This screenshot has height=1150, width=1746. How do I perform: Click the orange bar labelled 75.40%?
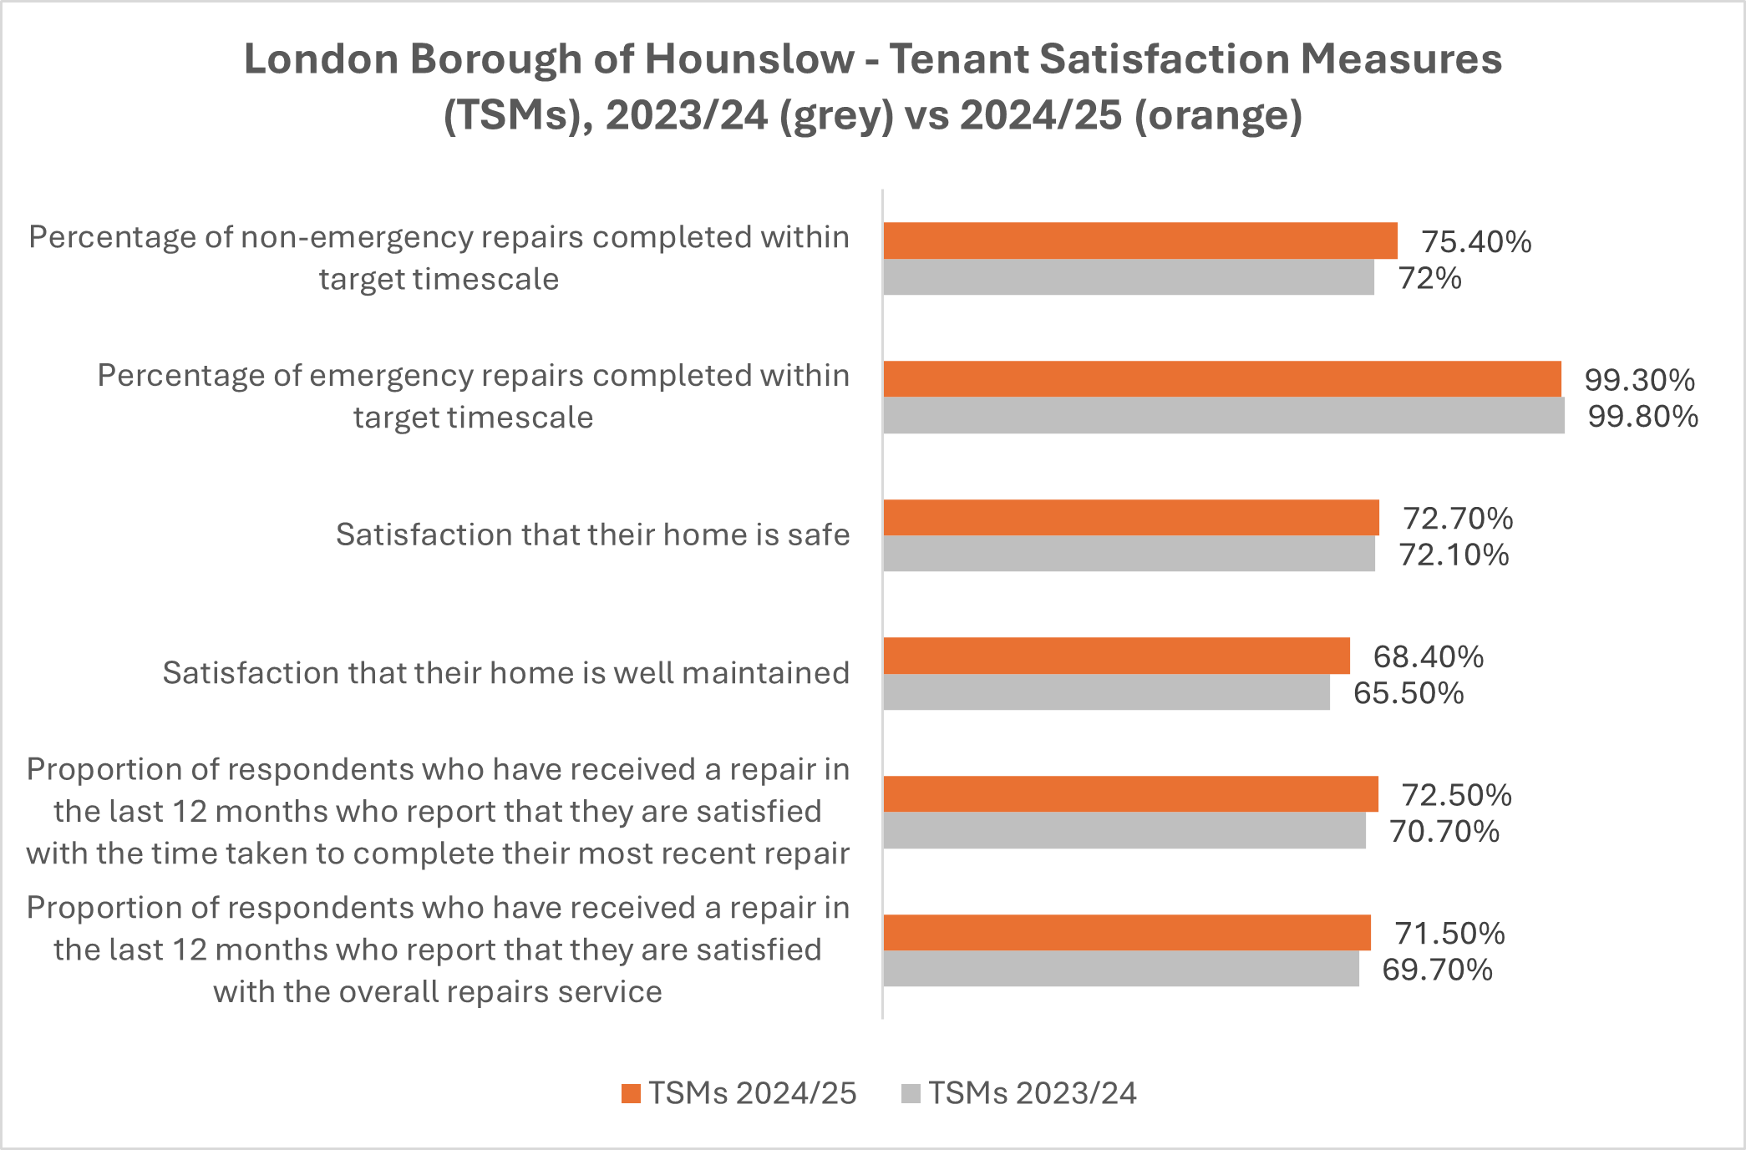(1139, 241)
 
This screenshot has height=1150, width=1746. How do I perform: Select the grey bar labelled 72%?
(1128, 277)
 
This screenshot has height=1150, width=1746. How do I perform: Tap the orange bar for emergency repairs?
(1221, 379)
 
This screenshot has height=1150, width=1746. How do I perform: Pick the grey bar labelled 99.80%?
(1223, 416)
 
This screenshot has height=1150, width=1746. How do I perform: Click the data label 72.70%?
(1458, 519)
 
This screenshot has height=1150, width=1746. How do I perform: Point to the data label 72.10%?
(1454, 555)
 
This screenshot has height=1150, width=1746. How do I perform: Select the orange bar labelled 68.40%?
(1116, 656)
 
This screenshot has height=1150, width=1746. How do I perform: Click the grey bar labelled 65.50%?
(1106, 692)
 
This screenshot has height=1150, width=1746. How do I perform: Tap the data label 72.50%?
(1456, 795)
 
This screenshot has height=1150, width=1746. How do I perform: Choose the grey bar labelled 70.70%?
(1124, 831)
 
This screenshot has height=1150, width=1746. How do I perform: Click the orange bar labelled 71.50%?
(1126, 933)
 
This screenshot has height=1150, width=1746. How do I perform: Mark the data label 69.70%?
(1437, 970)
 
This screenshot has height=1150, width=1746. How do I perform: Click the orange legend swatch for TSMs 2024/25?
(631, 1093)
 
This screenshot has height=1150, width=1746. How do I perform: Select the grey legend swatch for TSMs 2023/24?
(911, 1093)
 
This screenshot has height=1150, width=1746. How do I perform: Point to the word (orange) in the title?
(1218, 115)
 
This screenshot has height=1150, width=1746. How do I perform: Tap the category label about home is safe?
(592, 534)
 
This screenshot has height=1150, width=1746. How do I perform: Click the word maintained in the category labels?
(765, 673)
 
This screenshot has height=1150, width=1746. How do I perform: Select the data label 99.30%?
(1639, 380)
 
